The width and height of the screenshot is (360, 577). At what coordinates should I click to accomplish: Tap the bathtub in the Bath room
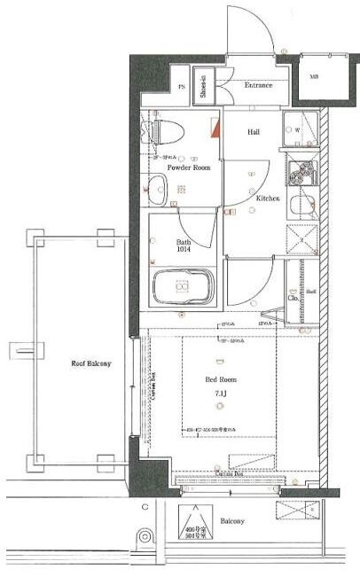[182, 288]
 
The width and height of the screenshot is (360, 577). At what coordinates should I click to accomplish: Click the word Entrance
[258, 85]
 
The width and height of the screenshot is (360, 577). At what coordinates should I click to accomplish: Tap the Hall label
[254, 132]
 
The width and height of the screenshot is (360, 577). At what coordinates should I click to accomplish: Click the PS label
[182, 87]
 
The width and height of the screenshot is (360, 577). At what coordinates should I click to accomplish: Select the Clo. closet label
[292, 297]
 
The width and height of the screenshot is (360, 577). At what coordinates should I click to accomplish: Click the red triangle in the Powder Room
[215, 128]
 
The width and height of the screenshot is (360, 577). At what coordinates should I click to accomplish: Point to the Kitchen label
[268, 199]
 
